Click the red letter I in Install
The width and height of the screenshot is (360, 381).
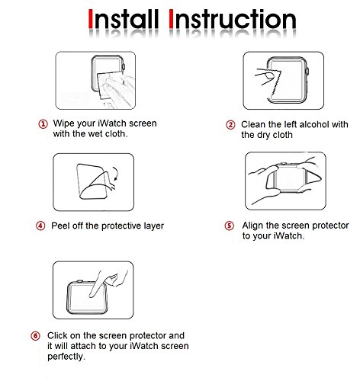91,19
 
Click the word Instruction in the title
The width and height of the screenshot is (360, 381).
233,19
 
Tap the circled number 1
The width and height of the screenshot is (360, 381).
43,124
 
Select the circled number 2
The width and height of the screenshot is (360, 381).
230,125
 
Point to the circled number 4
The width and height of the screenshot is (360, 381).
40,226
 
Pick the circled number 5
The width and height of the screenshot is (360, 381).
230,226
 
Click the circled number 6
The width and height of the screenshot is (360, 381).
35,336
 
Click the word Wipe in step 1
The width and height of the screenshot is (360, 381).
64,123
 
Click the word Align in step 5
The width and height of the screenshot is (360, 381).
253,226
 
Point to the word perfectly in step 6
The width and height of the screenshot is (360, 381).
66,357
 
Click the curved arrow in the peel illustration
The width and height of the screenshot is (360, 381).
117,173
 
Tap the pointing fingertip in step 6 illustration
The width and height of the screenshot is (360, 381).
92,295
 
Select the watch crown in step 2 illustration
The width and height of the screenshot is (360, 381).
307,71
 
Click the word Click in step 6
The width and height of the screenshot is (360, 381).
57,335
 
